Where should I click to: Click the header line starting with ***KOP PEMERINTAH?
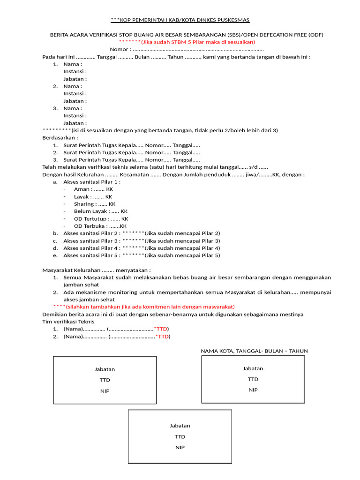(x=180, y=20)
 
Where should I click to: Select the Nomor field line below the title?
(x=187, y=50)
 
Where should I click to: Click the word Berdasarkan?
(x=60, y=138)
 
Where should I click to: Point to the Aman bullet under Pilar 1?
(x=93, y=189)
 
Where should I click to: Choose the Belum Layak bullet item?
(x=101, y=211)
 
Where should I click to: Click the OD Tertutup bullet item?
(x=101, y=219)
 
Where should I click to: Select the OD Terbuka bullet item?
(x=100, y=226)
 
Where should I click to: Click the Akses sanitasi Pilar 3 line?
(x=141, y=240)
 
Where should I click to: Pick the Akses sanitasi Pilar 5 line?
(x=141, y=255)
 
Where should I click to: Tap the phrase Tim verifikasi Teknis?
(x=68, y=322)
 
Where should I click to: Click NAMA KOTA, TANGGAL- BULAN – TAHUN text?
(x=254, y=351)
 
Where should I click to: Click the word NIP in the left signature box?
(x=105, y=391)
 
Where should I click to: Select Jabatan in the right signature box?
(x=253, y=368)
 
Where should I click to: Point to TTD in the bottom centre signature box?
(x=180, y=436)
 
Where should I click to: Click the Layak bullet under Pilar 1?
(x=93, y=197)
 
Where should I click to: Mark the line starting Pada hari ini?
(x=176, y=57)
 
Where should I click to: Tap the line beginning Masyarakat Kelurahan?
(x=97, y=270)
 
